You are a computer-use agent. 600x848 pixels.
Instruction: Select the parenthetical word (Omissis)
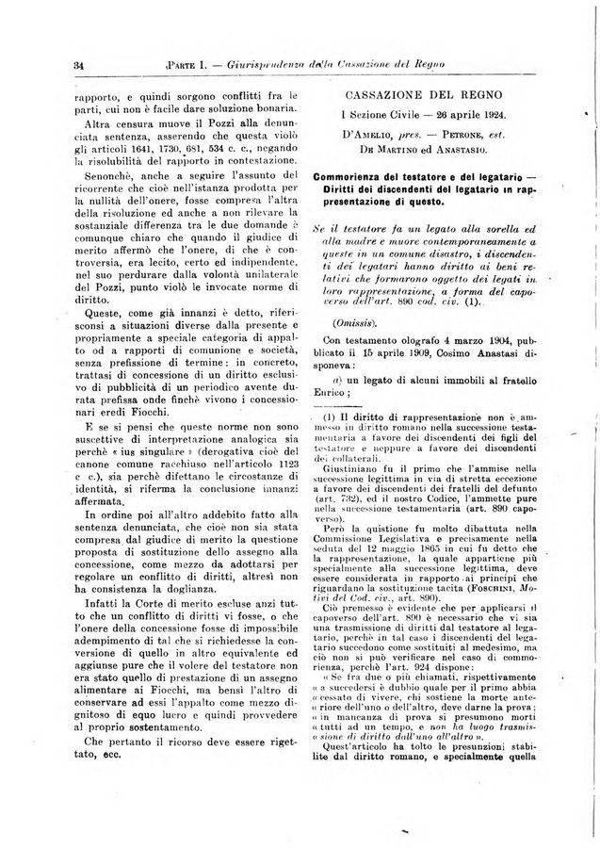coord(351,321)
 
